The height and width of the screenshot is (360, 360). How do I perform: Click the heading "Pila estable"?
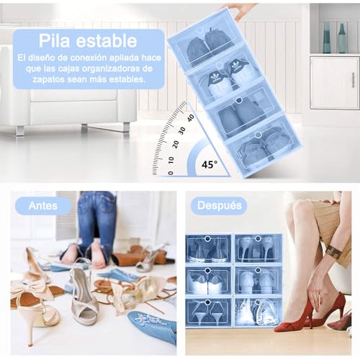click(x=88, y=40)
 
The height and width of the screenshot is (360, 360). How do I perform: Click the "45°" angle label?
click(x=209, y=164)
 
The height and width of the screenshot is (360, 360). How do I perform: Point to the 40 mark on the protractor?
click(x=190, y=116)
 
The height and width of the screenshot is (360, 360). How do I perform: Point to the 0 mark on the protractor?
click(x=170, y=172)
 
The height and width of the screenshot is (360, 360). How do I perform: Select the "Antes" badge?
click(x=43, y=205)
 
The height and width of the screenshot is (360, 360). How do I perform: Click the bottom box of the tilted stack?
click(x=264, y=145)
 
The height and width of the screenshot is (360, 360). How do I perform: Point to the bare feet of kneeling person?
click(x=83, y=253)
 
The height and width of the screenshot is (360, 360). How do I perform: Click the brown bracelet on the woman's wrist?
click(x=333, y=252)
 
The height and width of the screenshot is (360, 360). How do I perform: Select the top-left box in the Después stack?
click(x=208, y=248)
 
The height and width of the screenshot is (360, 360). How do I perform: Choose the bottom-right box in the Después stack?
click(x=258, y=312)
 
